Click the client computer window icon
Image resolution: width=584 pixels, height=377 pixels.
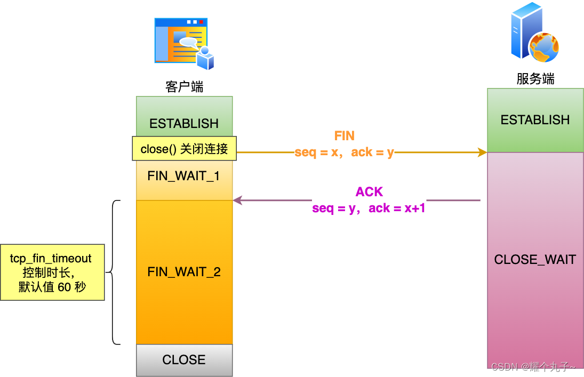pyautogui.click(x=184, y=44)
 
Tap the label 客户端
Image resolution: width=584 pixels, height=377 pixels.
pyautogui.click(x=184, y=87)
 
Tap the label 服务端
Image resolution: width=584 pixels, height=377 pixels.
pyautogui.click(x=535, y=79)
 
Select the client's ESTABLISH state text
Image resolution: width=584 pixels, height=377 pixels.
pyautogui.click(x=184, y=124)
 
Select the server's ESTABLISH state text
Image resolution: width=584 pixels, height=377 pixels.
pyautogui.click(x=535, y=120)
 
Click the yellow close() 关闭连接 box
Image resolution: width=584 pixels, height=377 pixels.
pyautogui.click(x=184, y=149)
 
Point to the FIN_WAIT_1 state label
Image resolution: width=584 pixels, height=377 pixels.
pyautogui.click(x=184, y=176)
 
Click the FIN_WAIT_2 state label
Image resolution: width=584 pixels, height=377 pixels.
pyautogui.click(x=184, y=272)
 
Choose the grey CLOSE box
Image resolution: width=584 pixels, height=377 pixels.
pyautogui.click(x=184, y=360)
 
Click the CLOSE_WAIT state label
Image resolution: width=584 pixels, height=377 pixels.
pyautogui.click(x=535, y=260)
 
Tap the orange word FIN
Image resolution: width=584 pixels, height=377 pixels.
pyautogui.click(x=344, y=136)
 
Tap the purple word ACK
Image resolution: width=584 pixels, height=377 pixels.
pyautogui.click(x=369, y=192)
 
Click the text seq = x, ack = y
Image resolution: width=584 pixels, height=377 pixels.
pyautogui.click(x=344, y=153)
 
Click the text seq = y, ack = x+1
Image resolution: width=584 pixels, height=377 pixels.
pyautogui.click(x=369, y=208)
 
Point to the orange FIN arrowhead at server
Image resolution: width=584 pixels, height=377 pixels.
pyautogui.click(x=483, y=153)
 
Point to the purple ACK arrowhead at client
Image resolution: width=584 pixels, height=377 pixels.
pyautogui.click(x=237, y=200)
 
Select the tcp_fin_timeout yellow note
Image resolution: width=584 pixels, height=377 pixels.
pyautogui.click(x=52, y=272)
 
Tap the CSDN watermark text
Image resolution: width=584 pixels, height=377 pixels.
pyautogui.click(x=533, y=367)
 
